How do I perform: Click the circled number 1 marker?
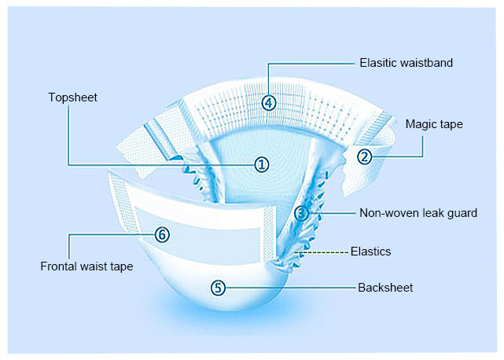point(262,164)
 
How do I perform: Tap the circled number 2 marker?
point(365,156)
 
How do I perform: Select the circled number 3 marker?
point(302,213)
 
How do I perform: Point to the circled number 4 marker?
point(270,102)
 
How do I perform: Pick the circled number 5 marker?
point(219,288)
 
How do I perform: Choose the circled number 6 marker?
point(162,234)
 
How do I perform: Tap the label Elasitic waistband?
point(406,62)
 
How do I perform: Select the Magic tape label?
point(435,124)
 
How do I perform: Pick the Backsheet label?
point(385,288)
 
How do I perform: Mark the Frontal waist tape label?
point(86,266)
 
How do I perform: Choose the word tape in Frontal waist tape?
point(120,267)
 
